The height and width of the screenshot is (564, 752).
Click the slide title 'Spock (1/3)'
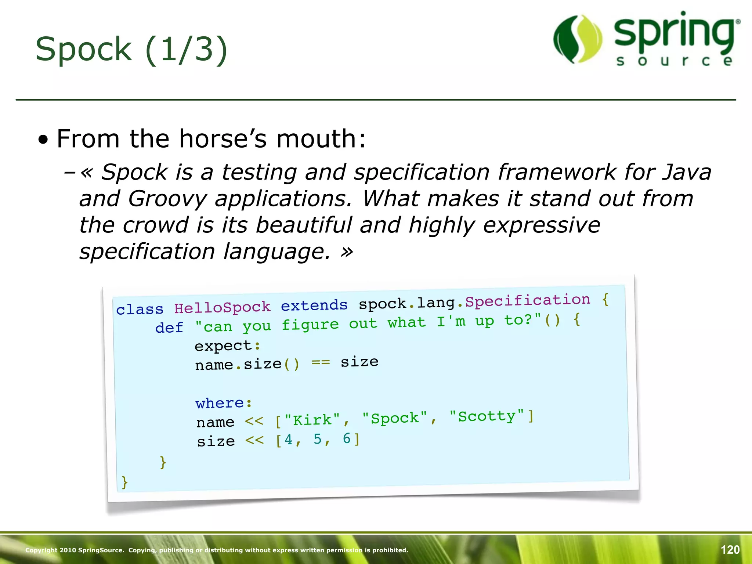(x=131, y=50)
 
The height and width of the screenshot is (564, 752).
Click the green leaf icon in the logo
(x=578, y=39)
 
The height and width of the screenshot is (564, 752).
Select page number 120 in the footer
(x=730, y=550)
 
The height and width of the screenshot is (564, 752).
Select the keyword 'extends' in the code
(x=314, y=305)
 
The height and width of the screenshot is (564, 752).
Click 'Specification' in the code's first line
(x=528, y=300)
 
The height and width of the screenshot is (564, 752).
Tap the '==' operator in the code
(x=321, y=363)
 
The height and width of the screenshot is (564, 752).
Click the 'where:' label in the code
(x=224, y=403)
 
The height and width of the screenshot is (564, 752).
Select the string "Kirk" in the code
(x=312, y=420)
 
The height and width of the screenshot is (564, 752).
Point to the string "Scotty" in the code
(x=487, y=416)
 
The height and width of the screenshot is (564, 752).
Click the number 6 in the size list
(x=347, y=438)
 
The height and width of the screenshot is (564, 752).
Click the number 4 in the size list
(x=289, y=440)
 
